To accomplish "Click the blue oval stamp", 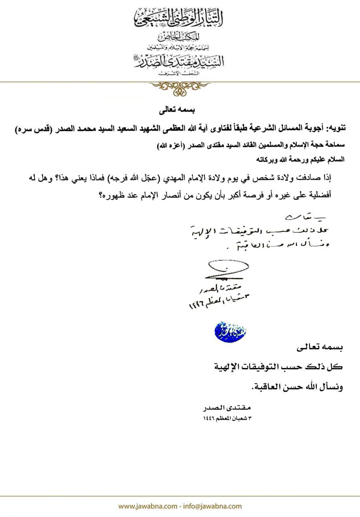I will [x=230, y=331].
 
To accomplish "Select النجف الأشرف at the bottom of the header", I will [x=180, y=73].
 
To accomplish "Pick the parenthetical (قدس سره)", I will [x=28, y=130].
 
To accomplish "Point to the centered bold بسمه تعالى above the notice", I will [x=180, y=109].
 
